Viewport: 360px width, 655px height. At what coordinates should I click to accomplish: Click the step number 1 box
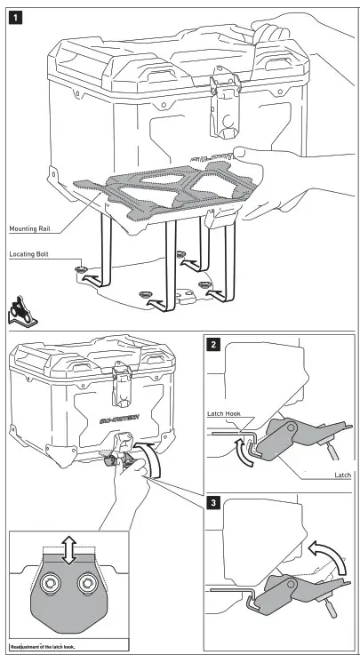click(x=15, y=19)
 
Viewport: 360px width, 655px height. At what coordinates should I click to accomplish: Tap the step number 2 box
click(x=213, y=345)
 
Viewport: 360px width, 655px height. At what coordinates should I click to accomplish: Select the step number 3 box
click(x=213, y=502)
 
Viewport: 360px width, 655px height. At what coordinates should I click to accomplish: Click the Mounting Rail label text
click(x=29, y=229)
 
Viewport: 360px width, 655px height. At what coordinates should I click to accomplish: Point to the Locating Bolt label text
click(x=28, y=254)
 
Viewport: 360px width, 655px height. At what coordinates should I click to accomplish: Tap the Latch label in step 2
click(x=343, y=475)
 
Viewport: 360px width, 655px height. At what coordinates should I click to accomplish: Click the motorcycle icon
click(x=21, y=310)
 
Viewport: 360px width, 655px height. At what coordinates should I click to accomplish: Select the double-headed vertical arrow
click(x=69, y=550)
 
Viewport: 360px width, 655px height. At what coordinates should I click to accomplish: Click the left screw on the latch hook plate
click(x=49, y=583)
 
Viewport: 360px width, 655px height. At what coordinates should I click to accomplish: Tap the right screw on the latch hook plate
click(x=88, y=583)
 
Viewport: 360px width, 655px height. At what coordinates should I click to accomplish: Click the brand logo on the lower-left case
click(x=121, y=419)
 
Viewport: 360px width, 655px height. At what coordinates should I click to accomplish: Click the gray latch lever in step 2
click(x=292, y=436)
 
